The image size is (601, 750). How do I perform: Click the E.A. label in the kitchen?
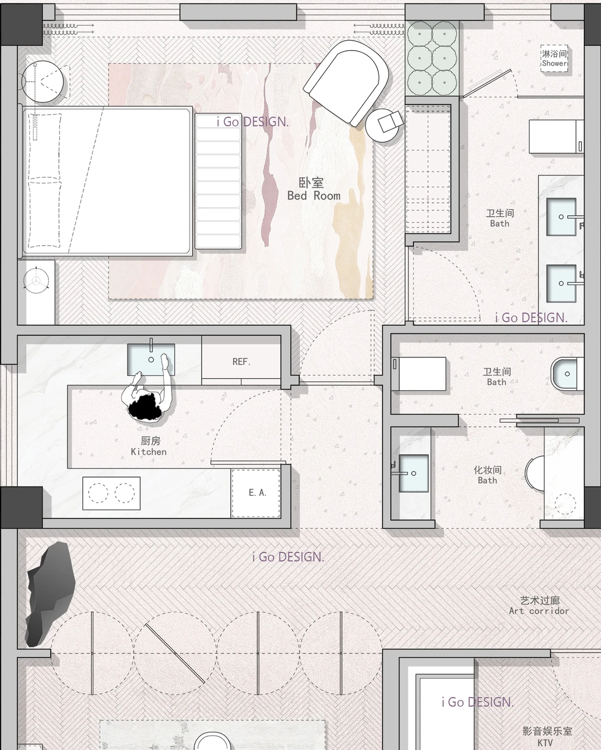click(x=258, y=493)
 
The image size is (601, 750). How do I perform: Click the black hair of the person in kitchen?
click(x=145, y=408)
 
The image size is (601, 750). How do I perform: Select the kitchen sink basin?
click(x=151, y=359)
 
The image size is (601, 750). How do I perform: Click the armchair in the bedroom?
click(x=347, y=82)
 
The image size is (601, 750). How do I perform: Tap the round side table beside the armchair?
click(x=383, y=125)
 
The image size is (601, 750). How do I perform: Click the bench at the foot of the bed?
click(x=218, y=181)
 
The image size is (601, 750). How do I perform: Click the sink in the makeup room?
click(x=413, y=473)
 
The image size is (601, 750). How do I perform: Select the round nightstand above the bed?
click(x=42, y=82)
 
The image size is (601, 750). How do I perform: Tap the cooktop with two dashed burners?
click(x=111, y=493)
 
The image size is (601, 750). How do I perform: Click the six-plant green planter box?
click(x=432, y=57)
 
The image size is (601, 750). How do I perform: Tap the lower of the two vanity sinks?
click(x=561, y=284)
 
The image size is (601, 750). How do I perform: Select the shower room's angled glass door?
click(x=487, y=83)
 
